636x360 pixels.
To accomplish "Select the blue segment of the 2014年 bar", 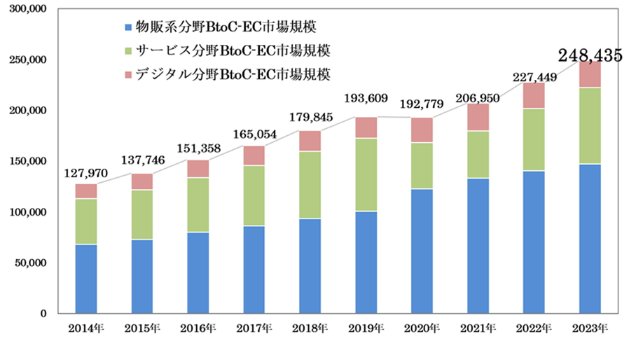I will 86,279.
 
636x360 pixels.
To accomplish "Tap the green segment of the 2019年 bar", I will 366,174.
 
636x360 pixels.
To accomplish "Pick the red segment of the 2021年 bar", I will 478,117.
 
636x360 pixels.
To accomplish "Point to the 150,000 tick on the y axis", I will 26,161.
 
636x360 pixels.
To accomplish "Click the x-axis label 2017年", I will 254,327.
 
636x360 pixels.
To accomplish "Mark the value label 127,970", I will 85,174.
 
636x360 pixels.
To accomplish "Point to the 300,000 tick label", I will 26,9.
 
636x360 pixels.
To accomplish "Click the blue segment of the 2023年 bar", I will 590,238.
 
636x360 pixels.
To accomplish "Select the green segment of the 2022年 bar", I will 534,139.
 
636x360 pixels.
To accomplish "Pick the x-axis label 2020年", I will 422,327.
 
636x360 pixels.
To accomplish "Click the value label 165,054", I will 254,134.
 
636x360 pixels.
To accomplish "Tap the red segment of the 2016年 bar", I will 198,169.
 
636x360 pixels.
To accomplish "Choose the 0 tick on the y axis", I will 41,313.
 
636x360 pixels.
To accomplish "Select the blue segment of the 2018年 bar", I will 310,266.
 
